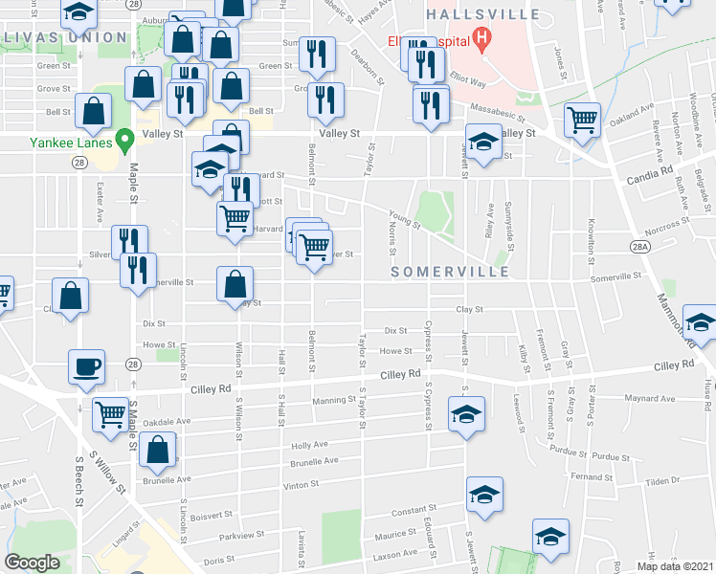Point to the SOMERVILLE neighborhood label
coord(450,273)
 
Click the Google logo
coord(33,563)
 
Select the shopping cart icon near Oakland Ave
coord(582,120)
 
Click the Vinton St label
coord(301,486)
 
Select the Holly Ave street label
coord(310,445)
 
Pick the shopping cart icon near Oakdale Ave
coord(111,414)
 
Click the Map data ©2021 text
coord(677,566)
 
